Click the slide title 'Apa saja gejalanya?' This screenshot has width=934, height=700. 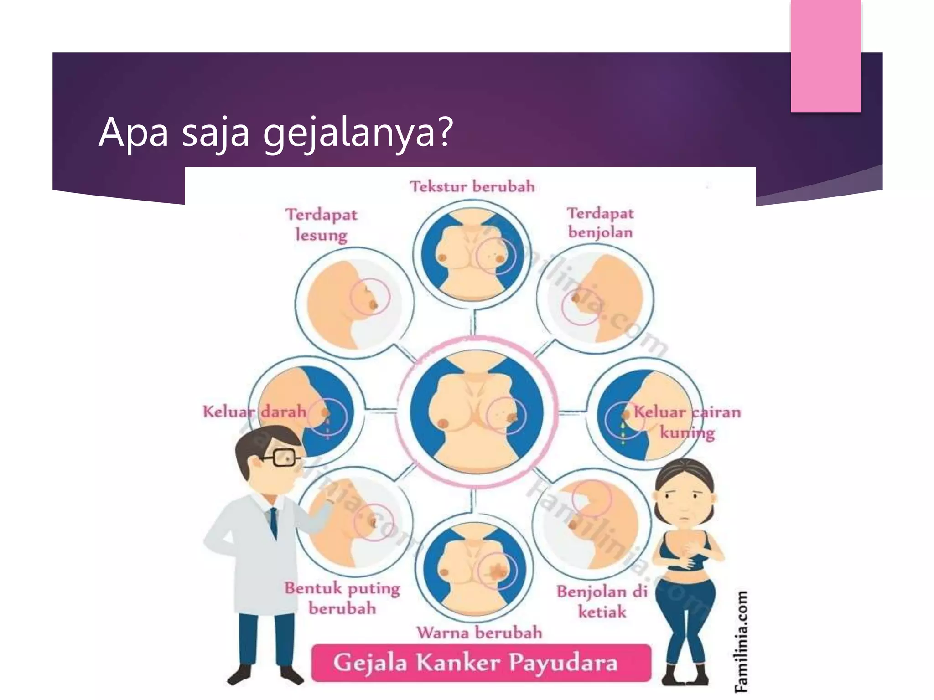pyautogui.click(x=275, y=133)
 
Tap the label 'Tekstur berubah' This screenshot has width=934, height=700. pyautogui.click(x=472, y=187)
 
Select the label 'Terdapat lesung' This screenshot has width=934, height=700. pyautogui.click(x=322, y=224)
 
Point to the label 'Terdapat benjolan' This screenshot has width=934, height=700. pyautogui.click(x=600, y=223)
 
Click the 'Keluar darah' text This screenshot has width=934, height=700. pyautogui.click(x=254, y=412)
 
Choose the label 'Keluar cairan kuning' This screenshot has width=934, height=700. pyautogui.click(x=687, y=422)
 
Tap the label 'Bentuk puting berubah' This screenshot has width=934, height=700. pyautogui.click(x=342, y=598)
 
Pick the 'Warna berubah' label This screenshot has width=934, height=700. pyautogui.click(x=479, y=633)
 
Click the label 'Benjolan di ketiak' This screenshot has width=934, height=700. pyautogui.click(x=602, y=602)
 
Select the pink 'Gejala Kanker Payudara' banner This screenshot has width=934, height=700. pyautogui.click(x=481, y=663)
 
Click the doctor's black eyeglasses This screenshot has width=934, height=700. pyautogui.click(x=283, y=457)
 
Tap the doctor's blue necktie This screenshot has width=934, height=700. pyautogui.click(x=273, y=524)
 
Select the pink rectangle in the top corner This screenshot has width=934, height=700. pyautogui.click(x=825, y=56)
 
